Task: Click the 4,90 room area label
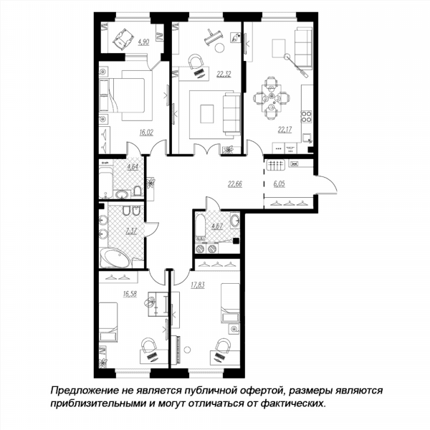tap(143, 42)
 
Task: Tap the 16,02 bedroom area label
tap(146, 133)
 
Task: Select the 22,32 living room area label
tap(224, 74)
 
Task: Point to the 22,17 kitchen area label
tap(285, 130)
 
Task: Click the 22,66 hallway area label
tap(235, 183)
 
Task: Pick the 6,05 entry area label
tap(279, 183)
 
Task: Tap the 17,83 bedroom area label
tap(198, 285)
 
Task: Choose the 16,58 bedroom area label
tap(130, 294)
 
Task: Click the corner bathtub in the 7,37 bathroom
tap(115, 258)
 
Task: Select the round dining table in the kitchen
tap(272, 98)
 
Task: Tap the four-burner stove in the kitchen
tap(307, 116)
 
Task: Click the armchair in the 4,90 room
tap(123, 39)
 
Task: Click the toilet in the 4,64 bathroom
tap(138, 191)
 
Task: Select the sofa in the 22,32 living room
tap(232, 114)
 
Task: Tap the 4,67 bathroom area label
tap(216, 226)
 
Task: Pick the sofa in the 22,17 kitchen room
tap(304, 48)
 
